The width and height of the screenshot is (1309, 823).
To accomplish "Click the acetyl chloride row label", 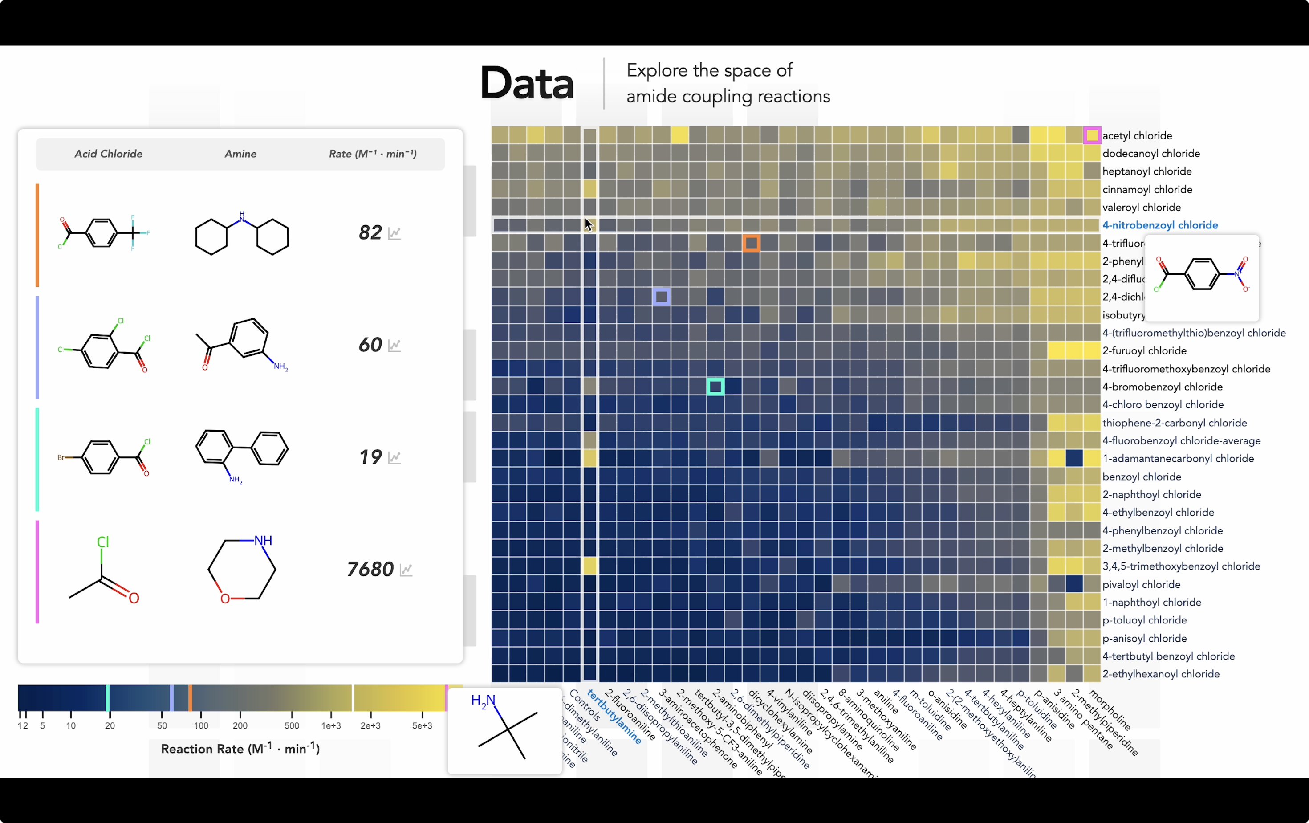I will click(1137, 135).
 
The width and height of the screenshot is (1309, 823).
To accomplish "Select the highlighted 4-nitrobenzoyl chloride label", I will click(1159, 225).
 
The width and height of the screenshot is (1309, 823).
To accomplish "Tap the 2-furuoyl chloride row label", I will click(1144, 350).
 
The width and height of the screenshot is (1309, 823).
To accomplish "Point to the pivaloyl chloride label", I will click(1141, 584).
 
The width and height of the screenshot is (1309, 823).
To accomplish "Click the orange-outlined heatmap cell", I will click(751, 243).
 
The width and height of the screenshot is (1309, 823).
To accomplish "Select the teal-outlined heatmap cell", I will click(715, 387).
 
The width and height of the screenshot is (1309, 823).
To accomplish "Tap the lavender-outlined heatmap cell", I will click(661, 297).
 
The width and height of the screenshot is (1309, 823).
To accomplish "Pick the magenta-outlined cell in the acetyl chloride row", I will click(1092, 135).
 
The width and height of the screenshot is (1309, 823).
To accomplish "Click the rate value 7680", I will click(370, 569).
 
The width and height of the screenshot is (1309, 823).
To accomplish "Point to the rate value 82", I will click(370, 232).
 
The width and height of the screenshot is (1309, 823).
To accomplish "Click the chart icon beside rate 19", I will click(394, 457).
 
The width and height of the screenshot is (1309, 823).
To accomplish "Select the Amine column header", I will click(240, 154).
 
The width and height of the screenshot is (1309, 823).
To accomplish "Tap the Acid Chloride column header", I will click(108, 154).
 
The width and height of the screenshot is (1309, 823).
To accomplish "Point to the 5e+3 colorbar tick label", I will click(422, 726).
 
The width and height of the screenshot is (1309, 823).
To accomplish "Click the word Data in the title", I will click(527, 84).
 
